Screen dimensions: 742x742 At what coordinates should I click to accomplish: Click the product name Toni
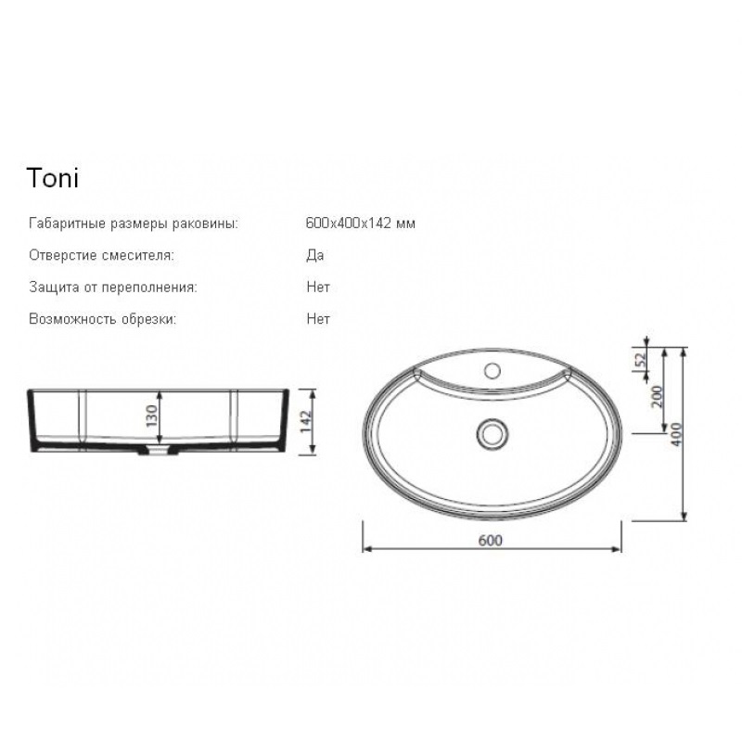[53, 178]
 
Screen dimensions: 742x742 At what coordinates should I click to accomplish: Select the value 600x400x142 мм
[361, 223]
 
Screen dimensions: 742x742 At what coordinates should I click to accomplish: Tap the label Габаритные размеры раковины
[134, 224]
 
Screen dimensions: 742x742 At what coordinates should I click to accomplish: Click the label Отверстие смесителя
[101, 255]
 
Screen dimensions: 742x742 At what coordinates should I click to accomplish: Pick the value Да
[315, 255]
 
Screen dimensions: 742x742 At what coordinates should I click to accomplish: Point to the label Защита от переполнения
[112, 288]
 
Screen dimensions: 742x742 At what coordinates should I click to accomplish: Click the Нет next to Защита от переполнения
[318, 287]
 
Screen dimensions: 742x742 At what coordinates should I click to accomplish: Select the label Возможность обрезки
[102, 319]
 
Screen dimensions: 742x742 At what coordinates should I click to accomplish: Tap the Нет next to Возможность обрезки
[318, 318]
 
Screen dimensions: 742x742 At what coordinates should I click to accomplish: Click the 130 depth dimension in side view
[151, 416]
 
